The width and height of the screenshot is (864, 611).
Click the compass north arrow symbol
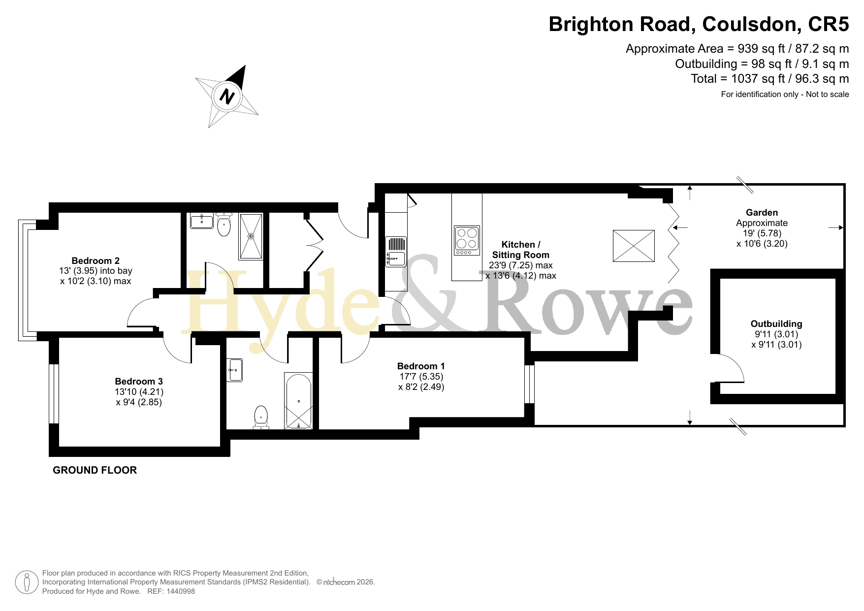pyautogui.click(x=227, y=96)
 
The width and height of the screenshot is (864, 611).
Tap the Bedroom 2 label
pyautogui.click(x=96, y=261)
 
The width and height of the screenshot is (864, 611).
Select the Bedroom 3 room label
pyautogui.click(x=139, y=382)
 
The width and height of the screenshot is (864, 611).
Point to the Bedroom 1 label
pyautogui.click(x=421, y=366)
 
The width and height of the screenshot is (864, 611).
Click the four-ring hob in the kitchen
pyautogui.click(x=467, y=241)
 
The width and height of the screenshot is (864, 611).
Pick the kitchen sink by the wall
pyautogui.click(x=395, y=252)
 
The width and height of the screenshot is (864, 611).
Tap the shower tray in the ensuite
pyautogui.click(x=251, y=236)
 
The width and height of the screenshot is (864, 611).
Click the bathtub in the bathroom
pyautogui.click(x=298, y=401)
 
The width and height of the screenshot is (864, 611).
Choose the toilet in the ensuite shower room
pyautogui.click(x=224, y=225)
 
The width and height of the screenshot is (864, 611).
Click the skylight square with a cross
pyautogui.click(x=634, y=246)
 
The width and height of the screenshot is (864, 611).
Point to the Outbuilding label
pyautogui.click(x=776, y=324)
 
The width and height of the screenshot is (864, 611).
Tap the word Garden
pyautogui.click(x=762, y=213)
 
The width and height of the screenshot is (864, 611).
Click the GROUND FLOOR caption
pyautogui.click(x=95, y=470)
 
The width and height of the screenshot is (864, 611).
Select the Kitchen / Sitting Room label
pyautogui.click(x=521, y=250)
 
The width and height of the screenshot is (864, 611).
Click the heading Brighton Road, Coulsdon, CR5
pyautogui.click(x=699, y=24)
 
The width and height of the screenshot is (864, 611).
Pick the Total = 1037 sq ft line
pyautogui.click(x=770, y=79)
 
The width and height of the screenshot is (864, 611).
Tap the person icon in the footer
pyautogui.click(x=27, y=582)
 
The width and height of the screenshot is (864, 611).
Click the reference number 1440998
pyautogui.click(x=181, y=591)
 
